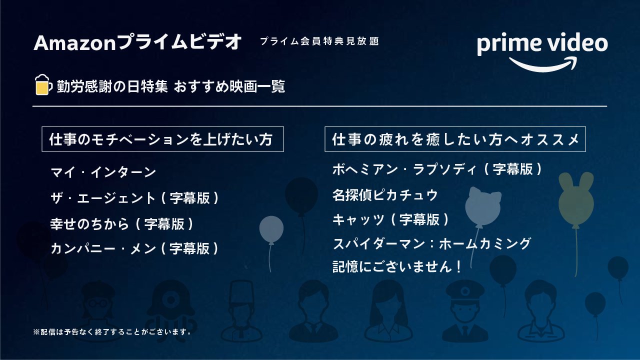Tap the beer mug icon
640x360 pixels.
pyautogui.click(x=42, y=85)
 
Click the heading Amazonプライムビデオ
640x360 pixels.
pyautogui.click(x=137, y=43)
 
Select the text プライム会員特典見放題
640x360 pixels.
pyautogui.click(x=319, y=41)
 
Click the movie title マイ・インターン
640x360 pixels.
pyautogui.click(x=103, y=172)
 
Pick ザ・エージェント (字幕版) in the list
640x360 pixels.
pyautogui.click(x=134, y=198)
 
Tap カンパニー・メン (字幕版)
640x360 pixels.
pyautogui.click(x=134, y=248)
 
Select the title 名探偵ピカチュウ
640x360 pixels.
pyautogui.click(x=385, y=194)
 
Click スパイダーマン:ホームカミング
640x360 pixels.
pyautogui.click(x=431, y=244)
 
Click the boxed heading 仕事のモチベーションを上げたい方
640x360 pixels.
pyautogui.click(x=162, y=139)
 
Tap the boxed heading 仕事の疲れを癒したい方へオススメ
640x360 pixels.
pyautogui.click(x=455, y=139)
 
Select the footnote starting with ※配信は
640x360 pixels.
pyautogui.click(x=112, y=331)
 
